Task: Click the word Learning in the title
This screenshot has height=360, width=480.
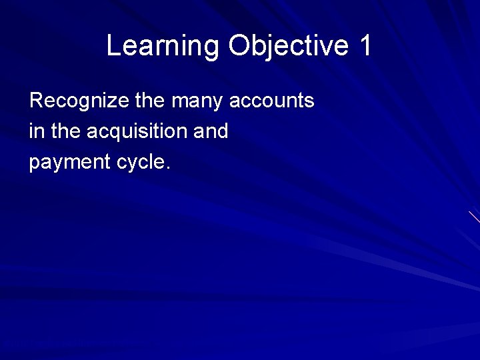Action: click(x=162, y=47)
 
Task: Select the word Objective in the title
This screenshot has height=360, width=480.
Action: click(x=289, y=47)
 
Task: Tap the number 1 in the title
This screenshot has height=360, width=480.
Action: click(x=365, y=47)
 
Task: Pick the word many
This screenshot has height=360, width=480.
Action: click(x=198, y=102)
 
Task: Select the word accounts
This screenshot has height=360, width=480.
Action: click(x=272, y=101)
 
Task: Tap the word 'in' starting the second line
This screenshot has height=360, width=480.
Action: click(x=37, y=131)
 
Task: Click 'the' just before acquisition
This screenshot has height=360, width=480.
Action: click(x=65, y=131)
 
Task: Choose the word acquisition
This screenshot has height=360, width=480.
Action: click(x=137, y=132)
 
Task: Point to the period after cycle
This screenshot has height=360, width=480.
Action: click(x=168, y=167)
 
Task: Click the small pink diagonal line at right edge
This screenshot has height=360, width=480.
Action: click(x=474, y=217)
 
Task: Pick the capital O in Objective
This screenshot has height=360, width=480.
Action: click(x=239, y=47)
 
